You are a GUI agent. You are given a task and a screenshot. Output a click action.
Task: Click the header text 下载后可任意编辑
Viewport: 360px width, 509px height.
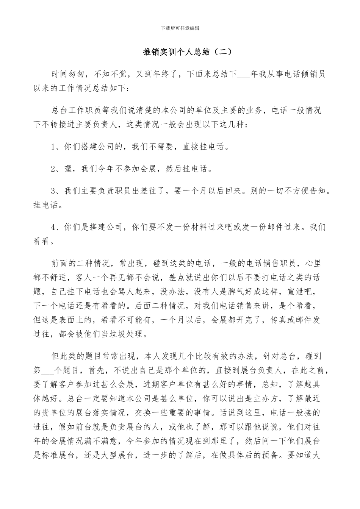[180, 28]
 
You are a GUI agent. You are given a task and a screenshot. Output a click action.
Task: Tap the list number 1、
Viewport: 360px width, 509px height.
[56, 147]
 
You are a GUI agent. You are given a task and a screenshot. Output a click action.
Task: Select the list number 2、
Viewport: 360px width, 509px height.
[56, 169]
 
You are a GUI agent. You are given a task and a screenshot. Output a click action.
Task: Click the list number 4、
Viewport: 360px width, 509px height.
[56, 227]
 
